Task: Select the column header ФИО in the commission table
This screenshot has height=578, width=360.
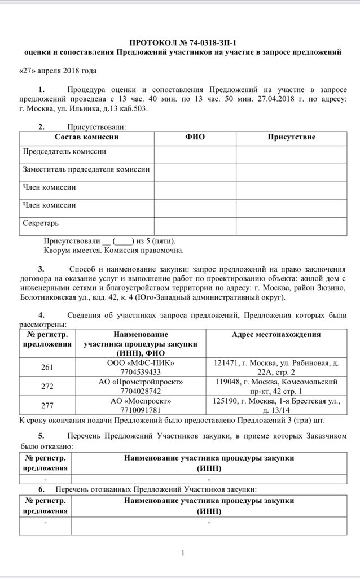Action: click(195, 137)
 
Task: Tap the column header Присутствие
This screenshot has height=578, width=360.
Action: click(291, 137)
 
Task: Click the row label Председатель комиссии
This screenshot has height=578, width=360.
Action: click(64, 152)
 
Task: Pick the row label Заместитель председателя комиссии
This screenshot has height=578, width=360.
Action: click(86, 169)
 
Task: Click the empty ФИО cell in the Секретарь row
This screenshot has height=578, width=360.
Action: click(195, 224)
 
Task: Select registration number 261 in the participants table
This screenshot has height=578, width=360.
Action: click(47, 367)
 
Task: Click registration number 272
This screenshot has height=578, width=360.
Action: click(47, 387)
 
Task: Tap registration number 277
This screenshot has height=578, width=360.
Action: click(47, 405)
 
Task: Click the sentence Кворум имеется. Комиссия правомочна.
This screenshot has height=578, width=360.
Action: click(113, 249)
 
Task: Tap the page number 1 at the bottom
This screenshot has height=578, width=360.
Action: click(183, 553)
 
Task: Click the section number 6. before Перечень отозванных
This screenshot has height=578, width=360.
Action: click(41, 488)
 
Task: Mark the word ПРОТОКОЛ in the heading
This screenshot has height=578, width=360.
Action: click(151, 43)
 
